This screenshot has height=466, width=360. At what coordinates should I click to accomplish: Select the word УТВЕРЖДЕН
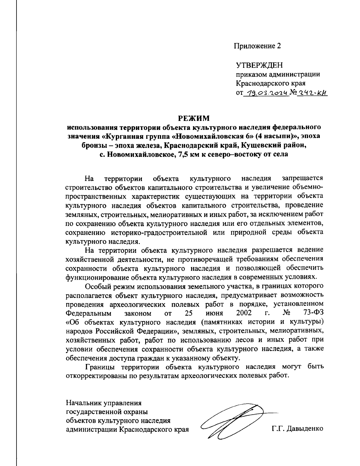259,65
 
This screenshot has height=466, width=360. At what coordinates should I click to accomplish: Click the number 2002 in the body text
244,313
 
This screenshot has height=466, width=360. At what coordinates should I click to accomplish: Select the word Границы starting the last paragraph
99,367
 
